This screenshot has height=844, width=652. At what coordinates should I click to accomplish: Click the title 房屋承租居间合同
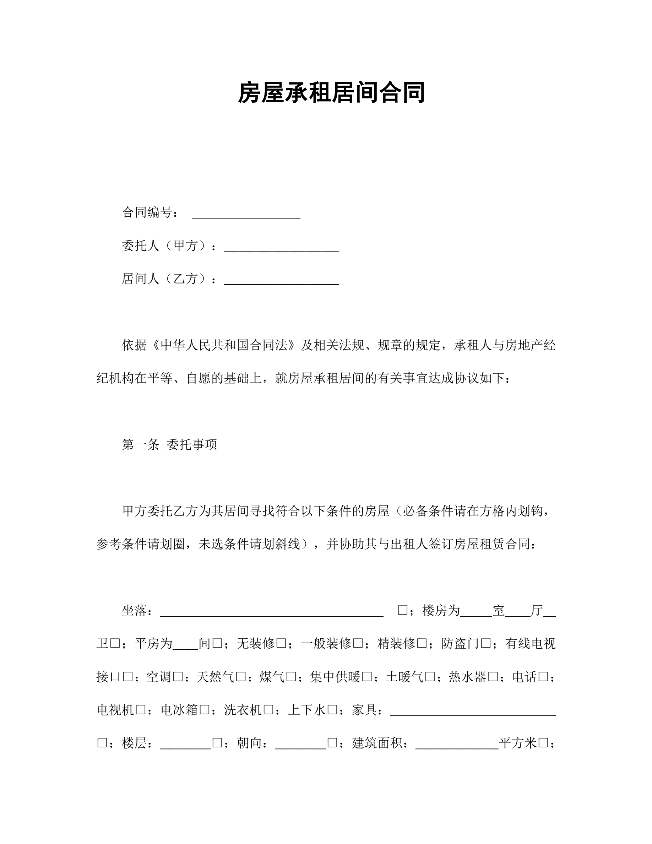(331, 93)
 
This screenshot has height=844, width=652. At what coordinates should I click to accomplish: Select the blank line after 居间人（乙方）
(281, 280)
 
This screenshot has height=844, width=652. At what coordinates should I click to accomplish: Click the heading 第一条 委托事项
(169, 445)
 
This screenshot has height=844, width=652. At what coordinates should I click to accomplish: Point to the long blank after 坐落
(272, 611)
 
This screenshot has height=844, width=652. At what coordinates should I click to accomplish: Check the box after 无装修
(281, 644)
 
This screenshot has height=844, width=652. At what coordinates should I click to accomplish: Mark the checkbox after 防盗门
(486, 644)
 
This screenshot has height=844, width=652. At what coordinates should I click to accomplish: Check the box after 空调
(178, 677)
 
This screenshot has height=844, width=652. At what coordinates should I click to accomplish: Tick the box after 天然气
(241, 677)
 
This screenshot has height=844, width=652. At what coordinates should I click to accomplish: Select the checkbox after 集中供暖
(367, 677)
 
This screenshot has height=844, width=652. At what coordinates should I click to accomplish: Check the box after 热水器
(493, 677)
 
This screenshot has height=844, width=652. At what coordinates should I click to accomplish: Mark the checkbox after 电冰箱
(204, 710)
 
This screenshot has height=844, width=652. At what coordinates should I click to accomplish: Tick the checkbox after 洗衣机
(268, 710)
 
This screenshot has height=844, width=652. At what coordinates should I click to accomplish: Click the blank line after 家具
(473, 710)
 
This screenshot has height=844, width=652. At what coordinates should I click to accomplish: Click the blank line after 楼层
(185, 743)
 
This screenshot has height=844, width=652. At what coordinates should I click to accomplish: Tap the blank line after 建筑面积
(457, 743)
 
